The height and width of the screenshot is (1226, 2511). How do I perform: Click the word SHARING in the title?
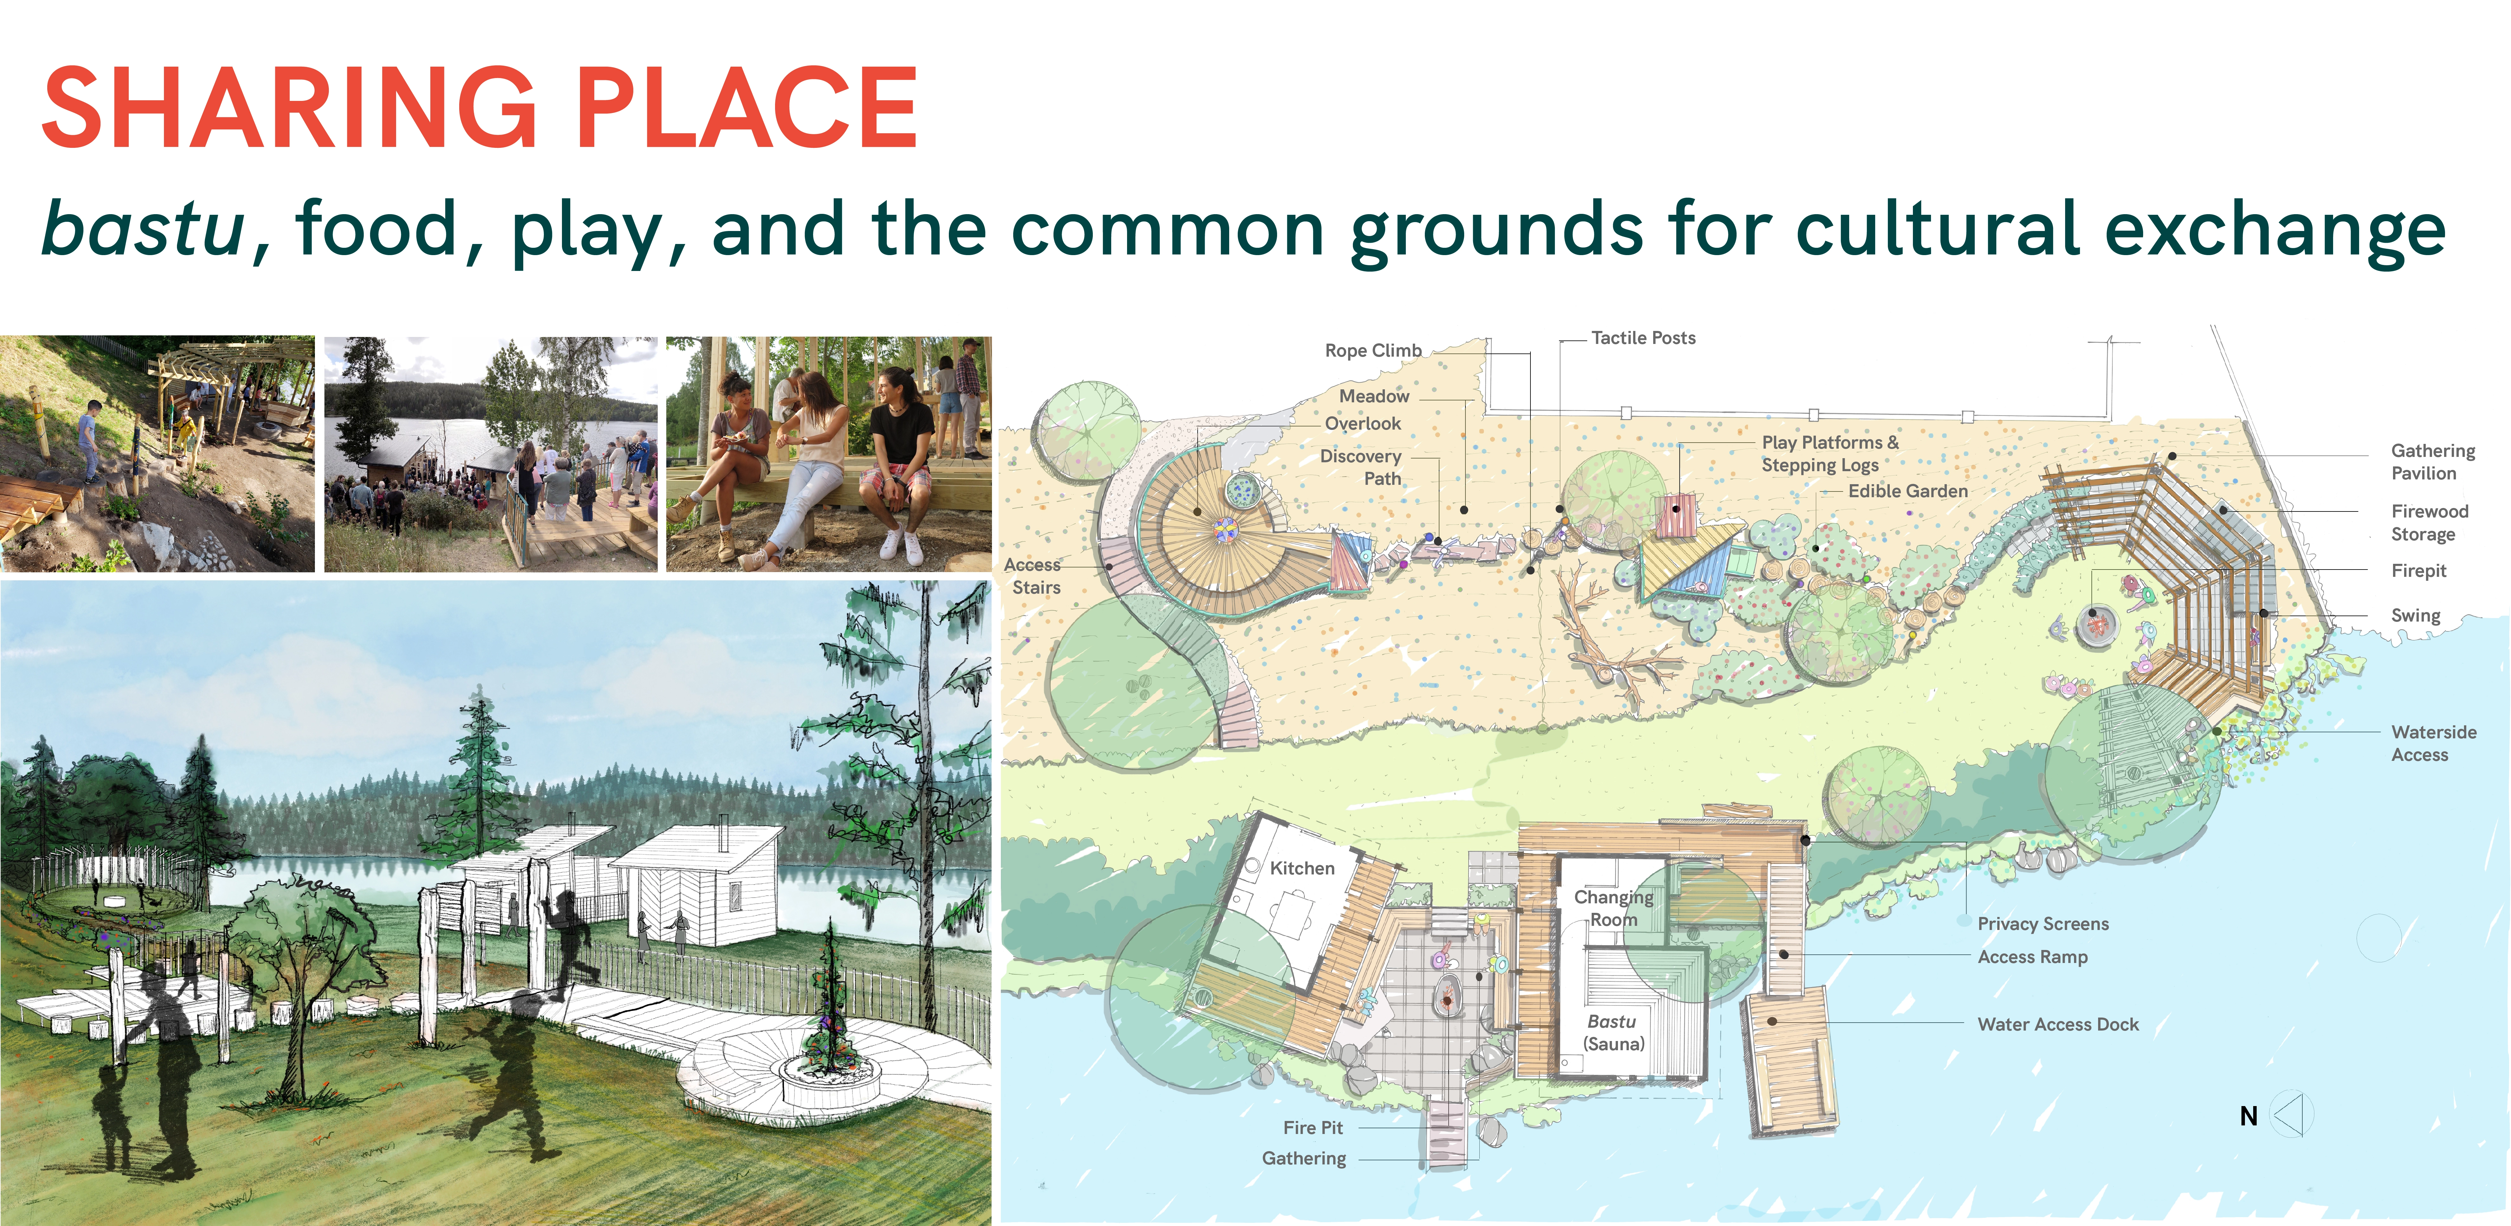pos(290,108)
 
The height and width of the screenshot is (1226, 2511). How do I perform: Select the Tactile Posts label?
pos(1643,338)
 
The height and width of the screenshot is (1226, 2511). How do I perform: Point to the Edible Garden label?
pos(1908,491)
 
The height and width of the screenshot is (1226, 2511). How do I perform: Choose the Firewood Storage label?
pos(2429,522)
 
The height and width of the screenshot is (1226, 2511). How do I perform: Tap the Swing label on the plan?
pos(2416,616)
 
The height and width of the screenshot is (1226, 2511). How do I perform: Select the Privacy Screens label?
pos(2043,924)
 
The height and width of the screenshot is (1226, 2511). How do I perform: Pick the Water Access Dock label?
pos(2058,1024)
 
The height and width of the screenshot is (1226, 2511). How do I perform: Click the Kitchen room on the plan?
pos(1301,868)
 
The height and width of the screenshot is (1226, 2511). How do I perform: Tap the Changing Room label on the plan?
pos(1613,908)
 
